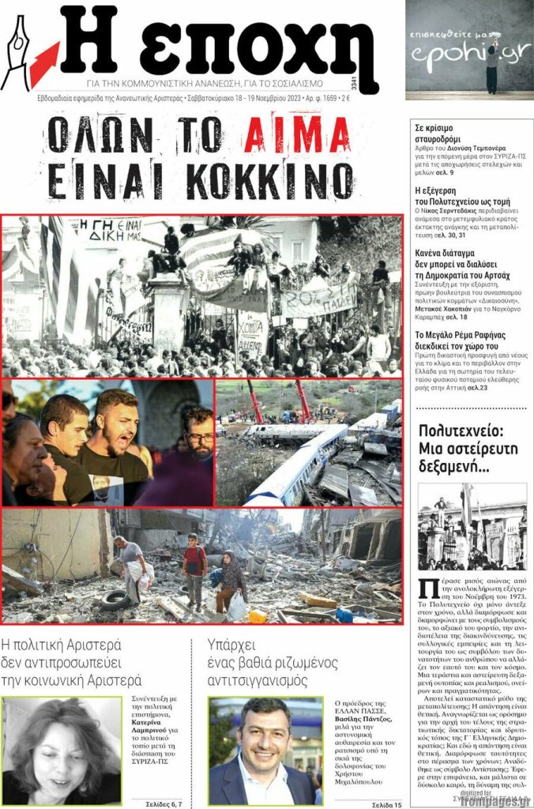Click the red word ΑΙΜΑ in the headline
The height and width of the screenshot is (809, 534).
[296, 136]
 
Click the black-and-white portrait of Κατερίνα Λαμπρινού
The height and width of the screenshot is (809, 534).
[61, 751]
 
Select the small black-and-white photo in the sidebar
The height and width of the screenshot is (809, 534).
[472, 526]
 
